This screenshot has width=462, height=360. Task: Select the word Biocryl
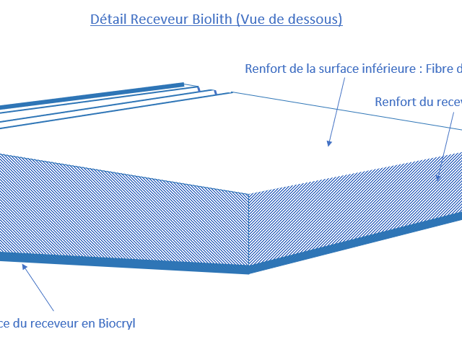pos(110,323)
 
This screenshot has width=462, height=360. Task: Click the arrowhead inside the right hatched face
pos(437,177)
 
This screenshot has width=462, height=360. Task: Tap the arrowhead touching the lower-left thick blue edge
pos(26,267)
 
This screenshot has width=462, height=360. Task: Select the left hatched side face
pos(123,209)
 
